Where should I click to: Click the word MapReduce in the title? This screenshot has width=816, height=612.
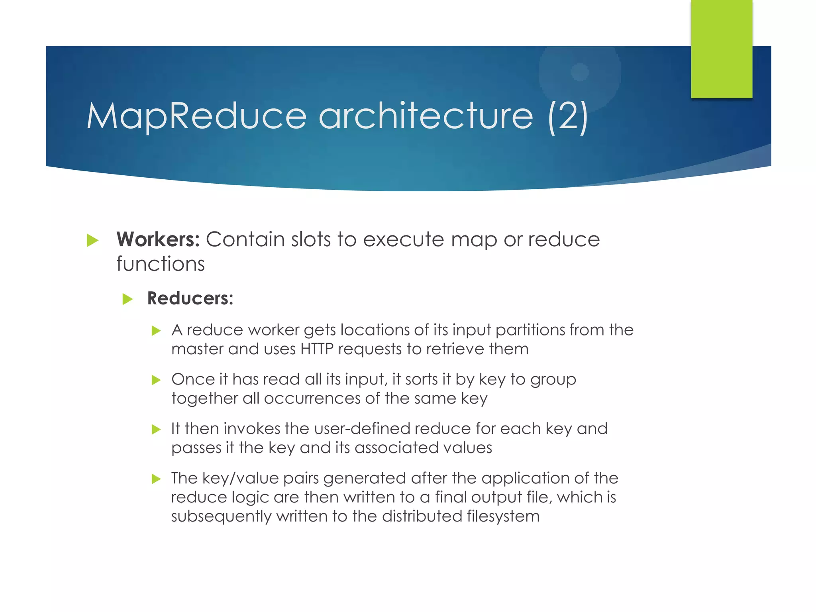click(x=196, y=116)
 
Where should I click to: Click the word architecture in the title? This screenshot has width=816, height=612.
click(x=426, y=116)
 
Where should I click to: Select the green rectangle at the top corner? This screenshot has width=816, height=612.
click(x=721, y=49)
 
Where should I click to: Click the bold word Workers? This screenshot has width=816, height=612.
click(x=158, y=239)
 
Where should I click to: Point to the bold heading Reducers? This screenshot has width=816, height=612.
click(x=190, y=298)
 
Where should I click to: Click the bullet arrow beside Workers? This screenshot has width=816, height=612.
click(x=92, y=240)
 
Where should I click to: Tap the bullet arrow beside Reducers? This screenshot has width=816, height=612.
click(x=127, y=299)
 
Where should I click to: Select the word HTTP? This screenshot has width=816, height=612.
click(x=317, y=349)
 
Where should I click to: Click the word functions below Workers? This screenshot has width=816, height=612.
click(x=161, y=264)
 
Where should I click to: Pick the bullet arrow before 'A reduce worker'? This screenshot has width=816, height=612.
click(x=156, y=330)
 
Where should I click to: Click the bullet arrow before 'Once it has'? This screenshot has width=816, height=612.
click(x=156, y=380)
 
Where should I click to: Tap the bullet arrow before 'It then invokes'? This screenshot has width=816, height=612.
click(x=156, y=429)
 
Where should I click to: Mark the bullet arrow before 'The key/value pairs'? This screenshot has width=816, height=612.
click(x=156, y=479)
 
